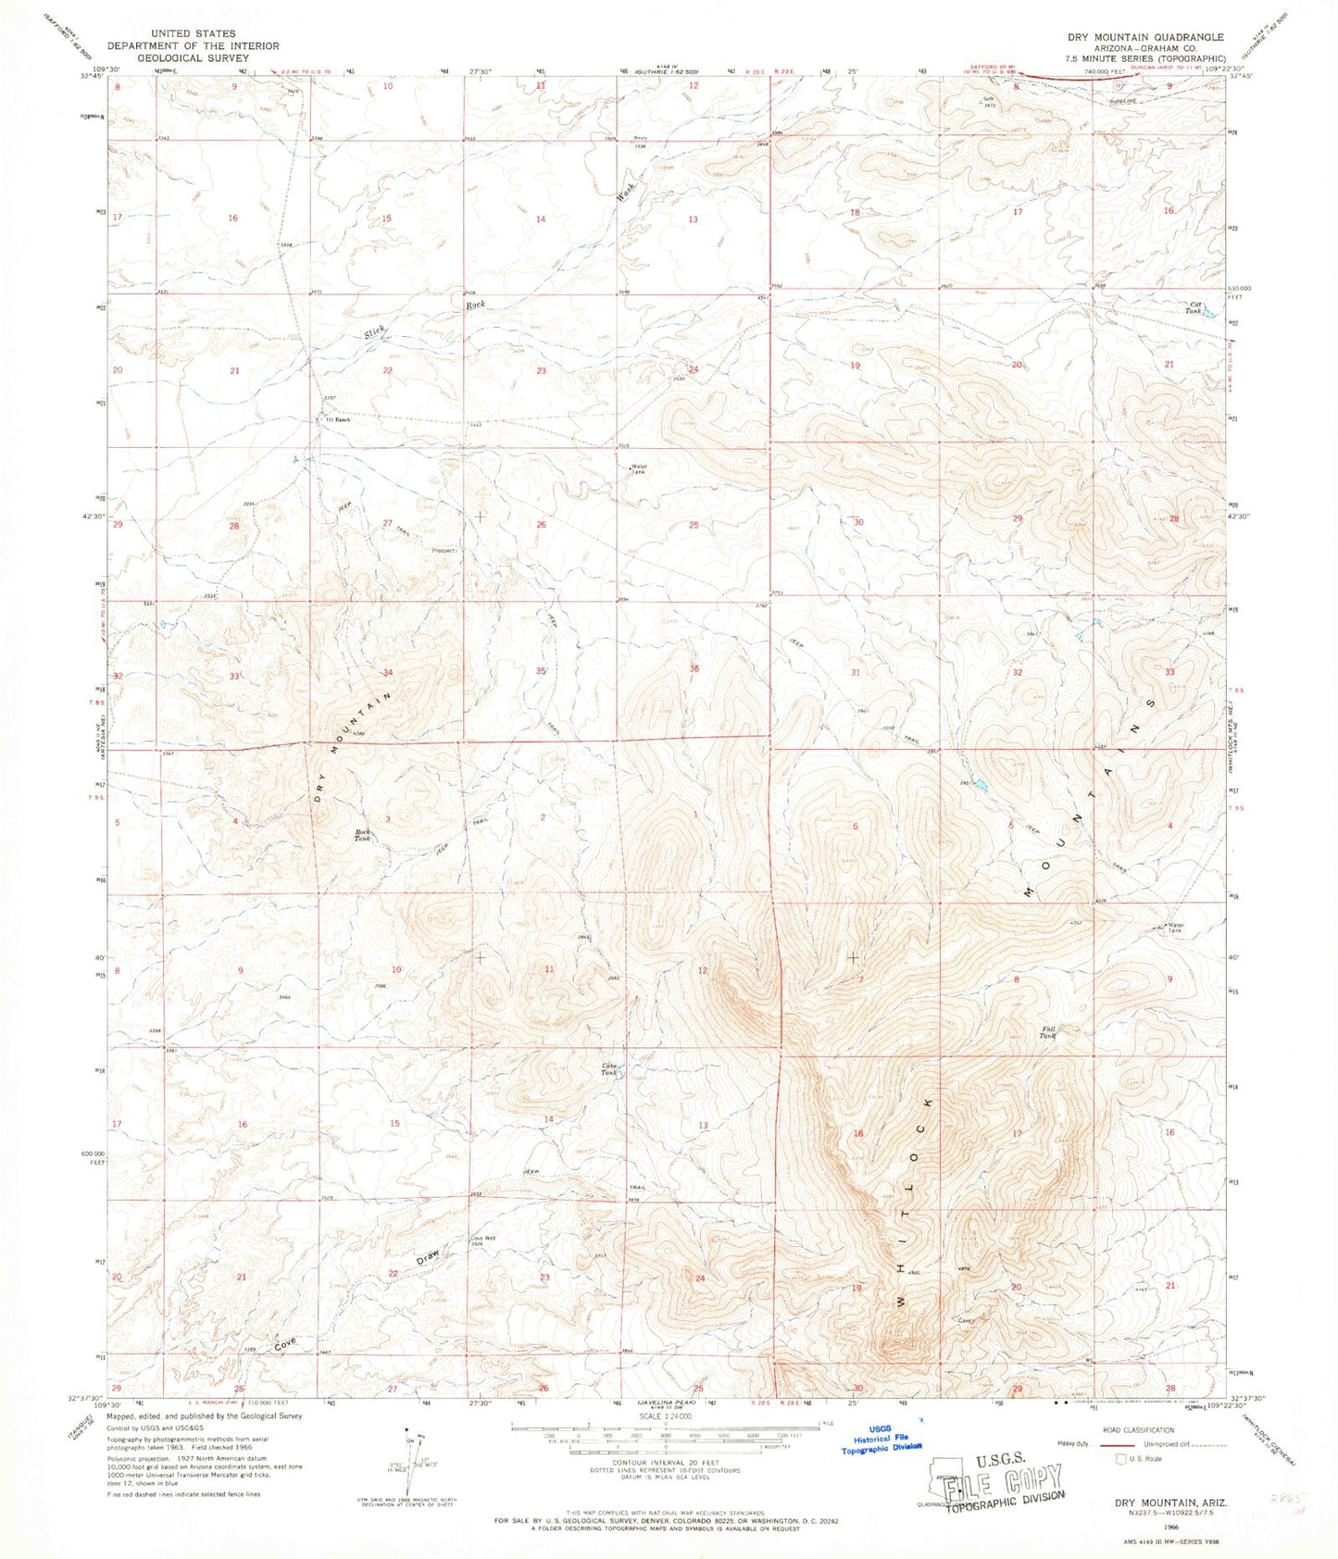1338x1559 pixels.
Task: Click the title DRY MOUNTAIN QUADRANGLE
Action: pos(1145,37)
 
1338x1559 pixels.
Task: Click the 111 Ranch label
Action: pos(336,419)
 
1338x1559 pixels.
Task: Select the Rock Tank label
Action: pos(363,835)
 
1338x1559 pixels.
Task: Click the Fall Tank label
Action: pos(1047,1031)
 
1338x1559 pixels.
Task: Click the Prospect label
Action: pos(444,550)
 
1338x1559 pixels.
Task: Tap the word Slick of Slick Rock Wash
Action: pos(375,331)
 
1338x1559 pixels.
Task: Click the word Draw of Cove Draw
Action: pos(428,1257)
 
